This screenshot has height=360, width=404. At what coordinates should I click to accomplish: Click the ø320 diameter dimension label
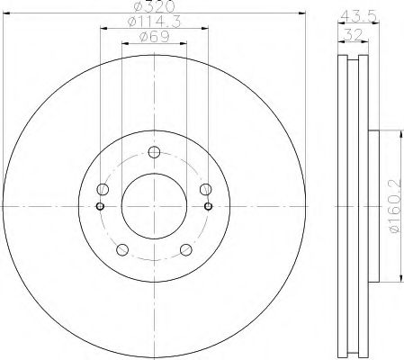pos(154,6)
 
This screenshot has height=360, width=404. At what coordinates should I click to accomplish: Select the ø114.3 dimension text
pos(154,22)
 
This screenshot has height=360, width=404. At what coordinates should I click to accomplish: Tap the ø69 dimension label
pos(154,37)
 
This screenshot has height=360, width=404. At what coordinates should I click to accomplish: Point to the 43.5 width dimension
pos(359,16)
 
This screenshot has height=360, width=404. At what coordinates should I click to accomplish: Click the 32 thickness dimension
pos(354,35)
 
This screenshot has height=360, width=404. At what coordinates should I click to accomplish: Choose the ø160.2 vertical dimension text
pos(395,205)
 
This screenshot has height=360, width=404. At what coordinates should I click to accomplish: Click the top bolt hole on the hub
pos(154,152)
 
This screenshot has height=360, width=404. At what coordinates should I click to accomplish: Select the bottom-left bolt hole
pos(122,249)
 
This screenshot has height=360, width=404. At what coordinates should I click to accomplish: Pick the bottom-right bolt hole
pos(186,249)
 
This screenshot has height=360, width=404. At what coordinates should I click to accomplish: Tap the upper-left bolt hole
pos(103,189)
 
